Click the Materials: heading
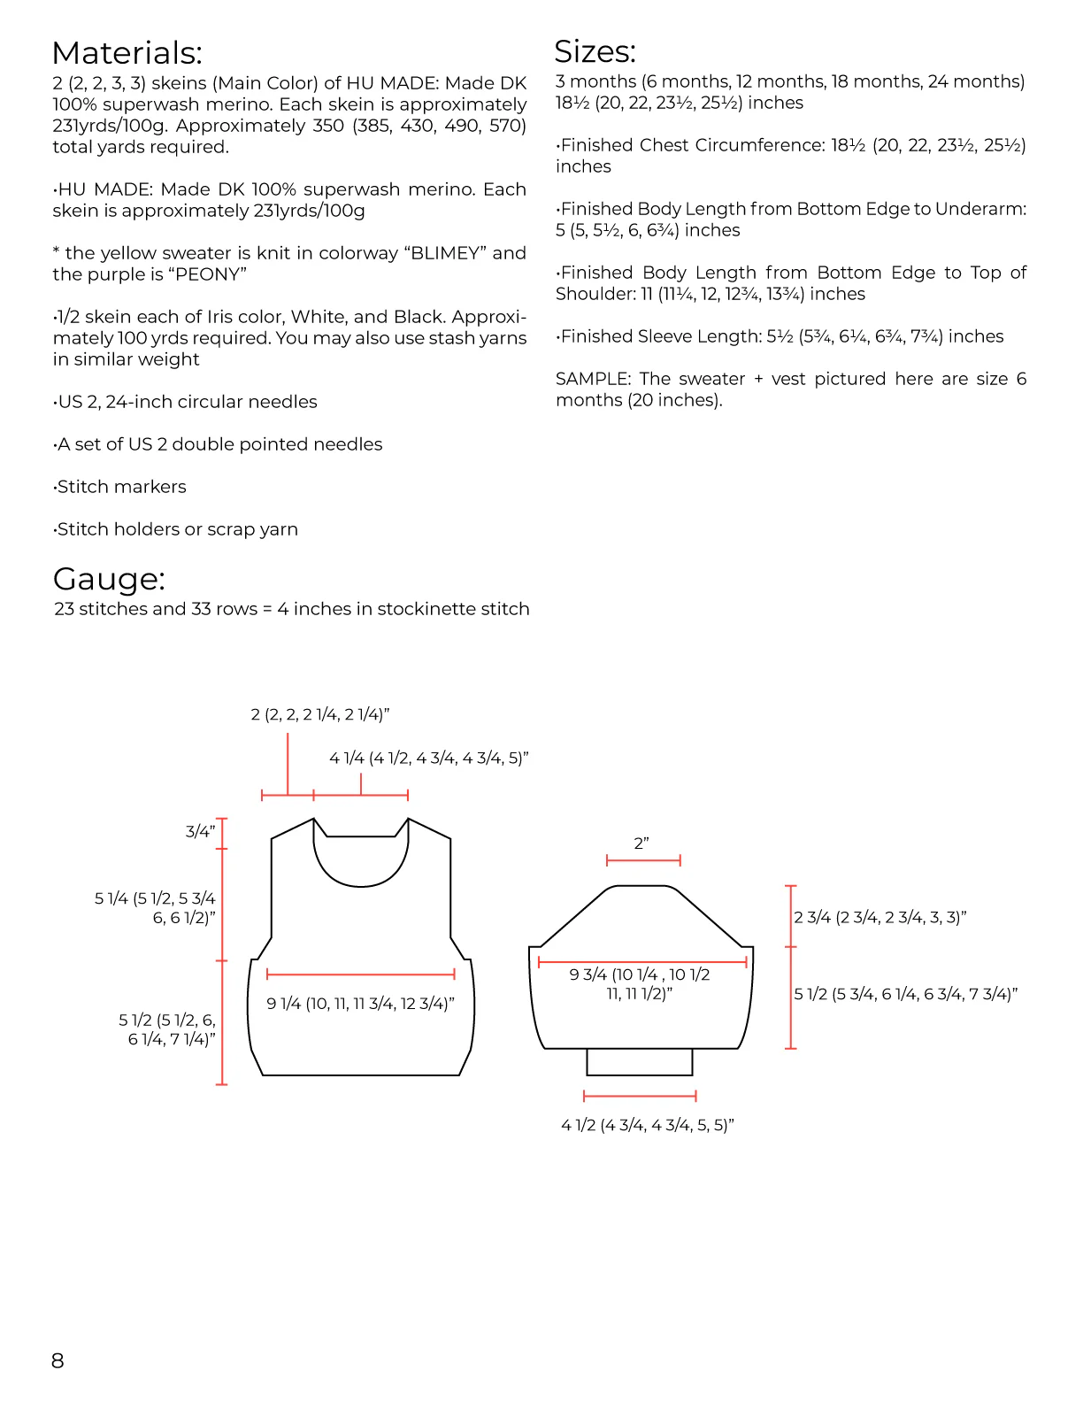127,53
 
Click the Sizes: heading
595,51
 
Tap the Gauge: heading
109,579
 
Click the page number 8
58,1360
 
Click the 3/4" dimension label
200,831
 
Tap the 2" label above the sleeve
641,844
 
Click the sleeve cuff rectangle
639,1061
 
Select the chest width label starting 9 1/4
360,1004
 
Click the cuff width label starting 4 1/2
648,1125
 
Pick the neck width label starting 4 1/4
428,758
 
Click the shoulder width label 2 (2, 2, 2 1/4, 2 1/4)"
319,714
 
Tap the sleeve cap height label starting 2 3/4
879,917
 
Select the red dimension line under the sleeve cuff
640,1096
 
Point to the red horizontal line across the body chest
360,974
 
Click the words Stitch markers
121,487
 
